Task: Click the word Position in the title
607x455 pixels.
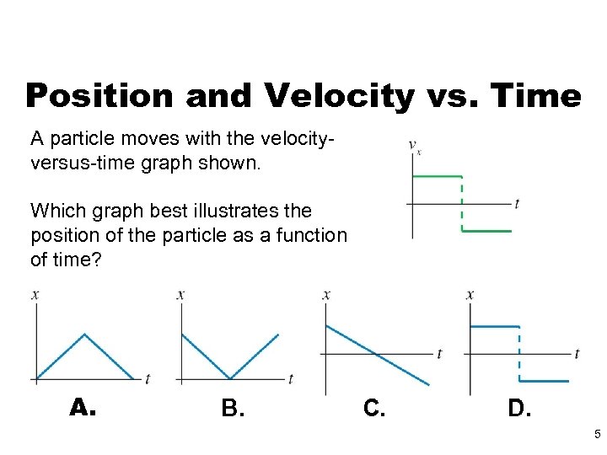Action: point(98,96)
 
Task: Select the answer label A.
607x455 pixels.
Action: point(83,408)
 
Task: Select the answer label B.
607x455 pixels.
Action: point(233,409)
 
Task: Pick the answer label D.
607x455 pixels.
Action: point(519,409)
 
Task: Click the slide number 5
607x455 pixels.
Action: point(597,435)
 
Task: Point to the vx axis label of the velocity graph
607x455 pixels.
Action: point(415,147)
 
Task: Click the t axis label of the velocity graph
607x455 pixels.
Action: point(516,204)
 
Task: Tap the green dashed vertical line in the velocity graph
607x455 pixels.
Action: point(462,203)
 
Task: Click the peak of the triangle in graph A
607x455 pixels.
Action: point(84,335)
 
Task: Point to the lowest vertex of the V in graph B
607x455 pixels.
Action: point(230,378)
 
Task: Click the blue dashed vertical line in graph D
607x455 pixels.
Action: point(519,354)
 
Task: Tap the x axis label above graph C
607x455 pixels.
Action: point(326,294)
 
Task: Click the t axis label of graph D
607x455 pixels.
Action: point(577,353)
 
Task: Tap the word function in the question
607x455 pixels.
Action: point(315,235)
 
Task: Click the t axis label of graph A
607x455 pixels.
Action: point(148,379)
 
